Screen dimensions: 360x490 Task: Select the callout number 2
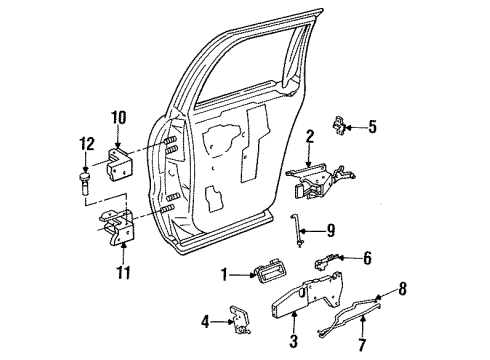point(311,135)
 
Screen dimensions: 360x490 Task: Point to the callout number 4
point(206,322)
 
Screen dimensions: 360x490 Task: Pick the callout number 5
point(372,127)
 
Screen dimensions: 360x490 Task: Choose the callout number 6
point(366,258)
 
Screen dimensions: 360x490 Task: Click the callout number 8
point(403,290)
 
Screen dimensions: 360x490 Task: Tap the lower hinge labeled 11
point(118,233)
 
